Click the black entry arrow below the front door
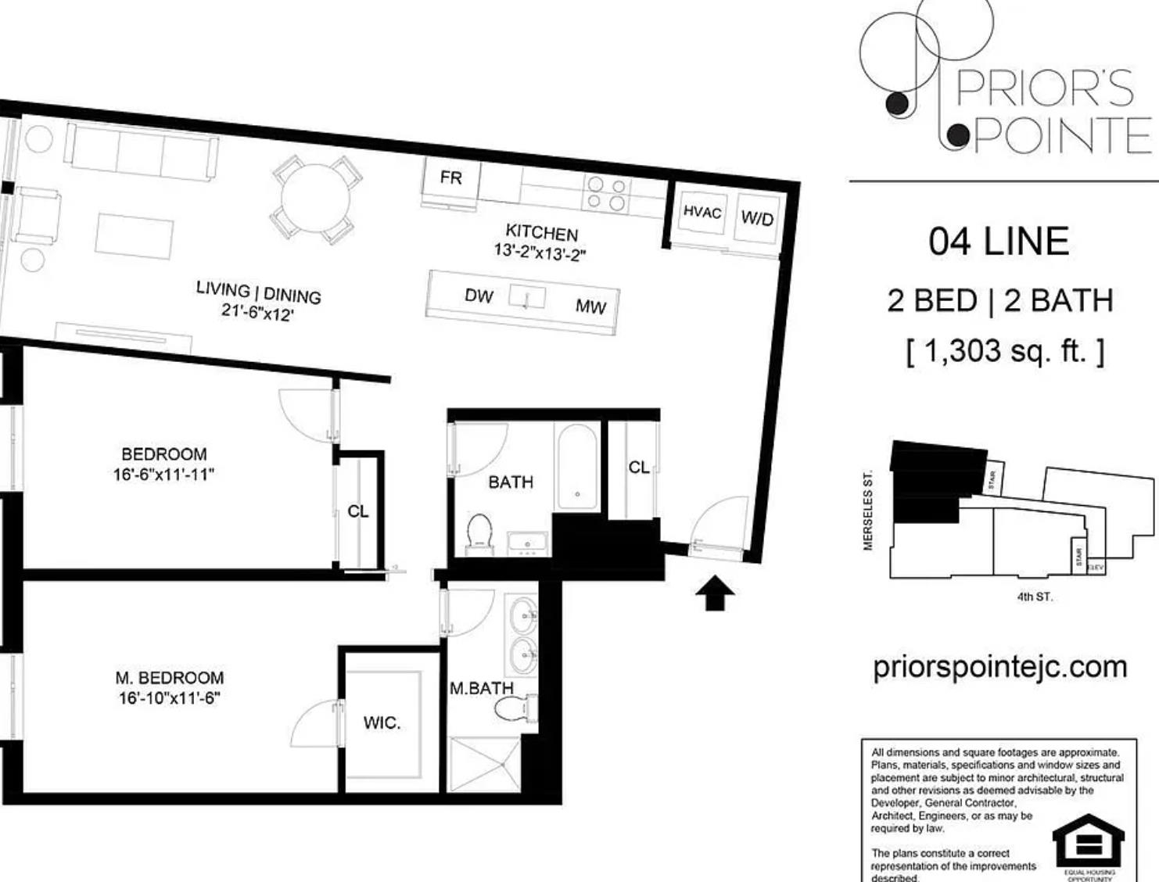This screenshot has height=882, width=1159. (715, 593)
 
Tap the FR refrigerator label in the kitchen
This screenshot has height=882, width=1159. (450, 178)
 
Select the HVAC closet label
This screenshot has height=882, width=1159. (701, 212)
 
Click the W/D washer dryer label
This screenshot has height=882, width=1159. (756, 218)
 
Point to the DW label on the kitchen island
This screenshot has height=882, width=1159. (479, 296)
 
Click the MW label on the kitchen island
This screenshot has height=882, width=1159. (590, 307)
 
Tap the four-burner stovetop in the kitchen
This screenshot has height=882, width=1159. (606, 194)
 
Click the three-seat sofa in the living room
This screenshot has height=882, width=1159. (142, 150)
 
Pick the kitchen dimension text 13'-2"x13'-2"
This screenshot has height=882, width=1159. (540, 253)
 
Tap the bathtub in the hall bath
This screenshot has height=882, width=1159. (578, 467)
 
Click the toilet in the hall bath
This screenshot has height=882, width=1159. (478, 532)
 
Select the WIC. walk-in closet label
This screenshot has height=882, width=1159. (382, 723)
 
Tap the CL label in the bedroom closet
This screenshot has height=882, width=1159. (357, 511)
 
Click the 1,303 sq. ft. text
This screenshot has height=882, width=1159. (1005, 351)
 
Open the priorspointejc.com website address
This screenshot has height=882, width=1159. (999, 667)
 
